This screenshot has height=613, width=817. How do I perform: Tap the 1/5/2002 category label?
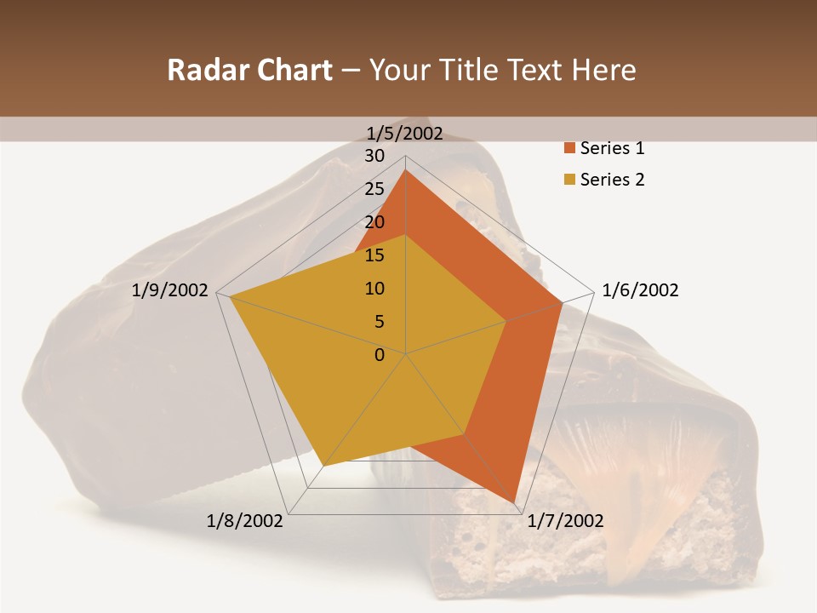[405, 133]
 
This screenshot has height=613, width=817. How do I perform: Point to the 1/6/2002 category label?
[640, 290]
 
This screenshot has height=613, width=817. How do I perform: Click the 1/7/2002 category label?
[565, 521]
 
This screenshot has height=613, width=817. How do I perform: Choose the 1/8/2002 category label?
[245, 521]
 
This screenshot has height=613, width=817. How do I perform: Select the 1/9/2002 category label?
[170, 290]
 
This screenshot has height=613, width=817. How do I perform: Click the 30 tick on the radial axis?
[374, 156]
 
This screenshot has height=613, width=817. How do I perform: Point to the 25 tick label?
[374, 189]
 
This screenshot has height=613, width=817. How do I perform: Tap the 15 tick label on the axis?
[374, 255]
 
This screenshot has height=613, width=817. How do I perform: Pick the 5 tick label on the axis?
[380, 322]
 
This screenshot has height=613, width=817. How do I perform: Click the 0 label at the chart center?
[380, 355]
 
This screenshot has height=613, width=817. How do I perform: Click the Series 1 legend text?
[612, 148]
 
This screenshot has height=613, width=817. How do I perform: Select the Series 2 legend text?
[612, 180]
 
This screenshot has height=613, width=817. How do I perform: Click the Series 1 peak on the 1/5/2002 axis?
[406, 170]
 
